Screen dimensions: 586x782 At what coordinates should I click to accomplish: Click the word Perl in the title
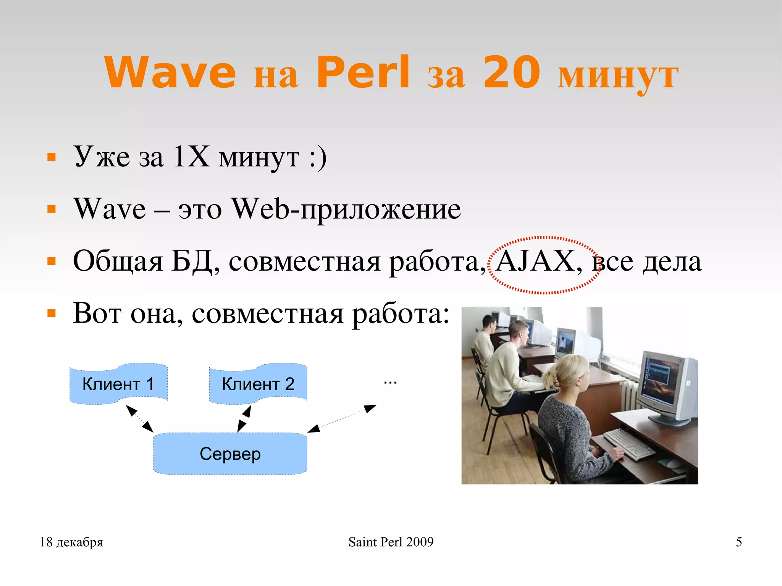pyautogui.click(x=363, y=72)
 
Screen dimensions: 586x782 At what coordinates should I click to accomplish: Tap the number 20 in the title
pyautogui.click(x=511, y=72)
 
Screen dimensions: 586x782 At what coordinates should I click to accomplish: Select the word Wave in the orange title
pyautogui.click(x=170, y=72)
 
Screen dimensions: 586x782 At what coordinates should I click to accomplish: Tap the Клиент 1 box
pyautogui.click(x=118, y=384)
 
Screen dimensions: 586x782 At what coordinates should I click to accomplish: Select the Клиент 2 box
pyautogui.click(x=258, y=384)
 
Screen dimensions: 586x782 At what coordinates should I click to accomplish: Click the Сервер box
pyautogui.click(x=230, y=454)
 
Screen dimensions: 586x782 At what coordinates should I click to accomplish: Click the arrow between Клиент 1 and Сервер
pyautogui.click(x=140, y=419)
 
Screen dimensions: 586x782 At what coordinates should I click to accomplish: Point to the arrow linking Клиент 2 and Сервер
pyautogui.click(x=244, y=419)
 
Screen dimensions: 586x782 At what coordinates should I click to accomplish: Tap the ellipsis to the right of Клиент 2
pyautogui.click(x=390, y=382)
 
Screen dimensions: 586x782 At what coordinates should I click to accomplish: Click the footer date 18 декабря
pyautogui.click(x=71, y=542)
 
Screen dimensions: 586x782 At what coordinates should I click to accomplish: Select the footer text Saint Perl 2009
pyautogui.click(x=391, y=542)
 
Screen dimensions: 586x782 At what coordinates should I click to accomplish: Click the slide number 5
pyautogui.click(x=739, y=542)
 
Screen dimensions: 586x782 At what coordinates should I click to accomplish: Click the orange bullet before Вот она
pyautogui.click(x=51, y=313)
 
